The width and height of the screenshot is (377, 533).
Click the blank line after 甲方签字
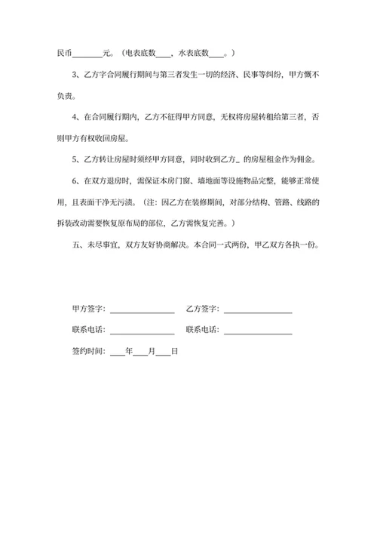point(143,310)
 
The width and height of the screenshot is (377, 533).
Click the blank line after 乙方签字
point(258,310)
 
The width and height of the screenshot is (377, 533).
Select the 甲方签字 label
point(88,310)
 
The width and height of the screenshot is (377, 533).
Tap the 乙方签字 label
point(202,310)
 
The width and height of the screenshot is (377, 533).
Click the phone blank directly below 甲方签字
point(143,331)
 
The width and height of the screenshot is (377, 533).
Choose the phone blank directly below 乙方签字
point(258,331)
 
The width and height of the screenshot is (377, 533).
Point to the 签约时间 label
point(88,352)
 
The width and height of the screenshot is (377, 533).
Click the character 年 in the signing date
point(129,352)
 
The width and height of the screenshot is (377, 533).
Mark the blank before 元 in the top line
point(88,53)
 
